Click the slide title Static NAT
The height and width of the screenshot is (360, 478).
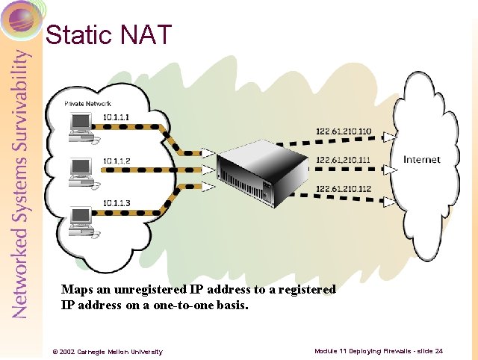click(x=109, y=34)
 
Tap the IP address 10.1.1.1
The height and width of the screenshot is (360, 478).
click(x=117, y=117)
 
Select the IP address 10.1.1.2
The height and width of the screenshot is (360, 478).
click(x=117, y=161)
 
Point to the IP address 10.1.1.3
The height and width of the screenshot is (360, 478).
click(x=117, y=202)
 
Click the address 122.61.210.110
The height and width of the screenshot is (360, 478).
click(x=344, y=132)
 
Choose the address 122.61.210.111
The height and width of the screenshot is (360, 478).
click(x=344, y=160)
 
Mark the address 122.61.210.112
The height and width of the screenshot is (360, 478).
click(x=344, y=187)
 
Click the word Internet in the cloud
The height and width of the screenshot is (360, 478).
click(x=422, y=159)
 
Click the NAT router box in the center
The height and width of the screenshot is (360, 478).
click(x=261, y=172)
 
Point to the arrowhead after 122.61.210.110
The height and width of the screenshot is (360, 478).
click(x=388, y=137)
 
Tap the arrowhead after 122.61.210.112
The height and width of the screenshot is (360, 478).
click(x=388, y=200)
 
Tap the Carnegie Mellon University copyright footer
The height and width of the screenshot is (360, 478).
click(x=107, y=351)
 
